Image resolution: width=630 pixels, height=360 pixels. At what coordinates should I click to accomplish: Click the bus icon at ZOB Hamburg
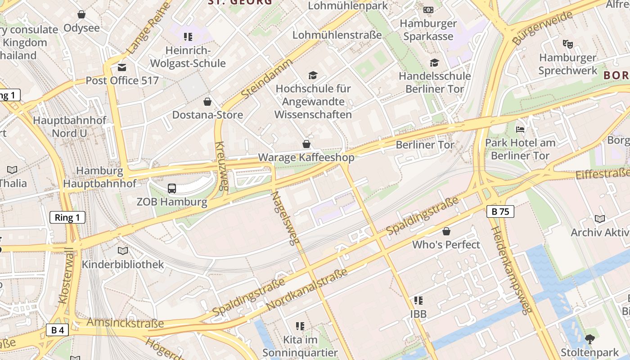[172, 189]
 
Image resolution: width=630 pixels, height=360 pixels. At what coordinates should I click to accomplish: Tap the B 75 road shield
[500, 211]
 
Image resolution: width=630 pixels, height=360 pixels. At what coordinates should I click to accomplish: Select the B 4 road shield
[57, 330]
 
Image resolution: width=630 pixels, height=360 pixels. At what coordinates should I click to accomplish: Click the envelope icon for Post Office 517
[122, 67]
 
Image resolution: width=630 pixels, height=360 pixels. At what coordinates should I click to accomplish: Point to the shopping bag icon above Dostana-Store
[207, 102]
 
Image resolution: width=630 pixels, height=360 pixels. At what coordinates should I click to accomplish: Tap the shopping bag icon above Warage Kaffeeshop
[306, 144]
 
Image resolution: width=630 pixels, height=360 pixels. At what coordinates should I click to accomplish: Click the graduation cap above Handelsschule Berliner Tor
[434, 63]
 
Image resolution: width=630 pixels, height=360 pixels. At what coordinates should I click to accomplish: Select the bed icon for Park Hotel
[520, 130]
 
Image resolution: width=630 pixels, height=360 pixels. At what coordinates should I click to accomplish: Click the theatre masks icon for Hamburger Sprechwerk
[567, 44]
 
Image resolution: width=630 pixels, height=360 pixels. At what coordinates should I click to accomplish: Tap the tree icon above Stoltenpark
[589, 339]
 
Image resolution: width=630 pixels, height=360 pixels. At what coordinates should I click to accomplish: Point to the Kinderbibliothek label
[122, 264]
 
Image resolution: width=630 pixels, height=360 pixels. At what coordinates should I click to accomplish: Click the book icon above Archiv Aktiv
[599, 219]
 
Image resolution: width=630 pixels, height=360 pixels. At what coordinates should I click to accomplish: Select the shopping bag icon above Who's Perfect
[446, 231]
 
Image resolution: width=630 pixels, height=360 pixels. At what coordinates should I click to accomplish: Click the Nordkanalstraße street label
[307, 289]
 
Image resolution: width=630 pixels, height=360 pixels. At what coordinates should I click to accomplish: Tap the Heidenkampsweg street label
[512, 270]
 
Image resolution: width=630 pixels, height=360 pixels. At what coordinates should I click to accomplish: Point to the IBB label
[418, 314]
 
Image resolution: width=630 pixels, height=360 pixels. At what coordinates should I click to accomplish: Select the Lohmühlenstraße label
[337, 35]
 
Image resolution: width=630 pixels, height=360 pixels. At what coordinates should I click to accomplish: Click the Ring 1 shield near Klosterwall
[67, 218]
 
